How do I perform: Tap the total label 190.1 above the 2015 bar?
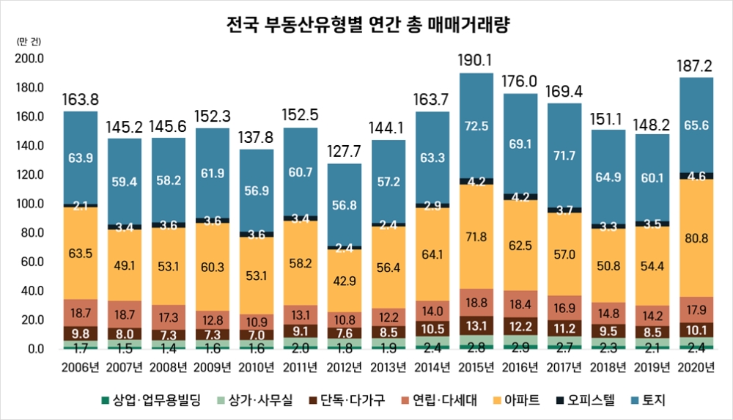[476, 59]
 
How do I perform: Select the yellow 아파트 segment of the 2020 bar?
[696, 237]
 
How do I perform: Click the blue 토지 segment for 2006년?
[80, 157]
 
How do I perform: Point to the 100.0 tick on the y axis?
[30, 204]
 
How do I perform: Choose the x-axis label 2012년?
[345, 366]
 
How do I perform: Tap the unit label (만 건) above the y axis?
[28, 42]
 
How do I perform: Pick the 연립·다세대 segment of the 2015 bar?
[476, 302]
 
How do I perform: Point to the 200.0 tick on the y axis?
[30, 59]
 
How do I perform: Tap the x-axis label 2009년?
[213, 366]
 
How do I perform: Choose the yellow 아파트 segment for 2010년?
[257, 276]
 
